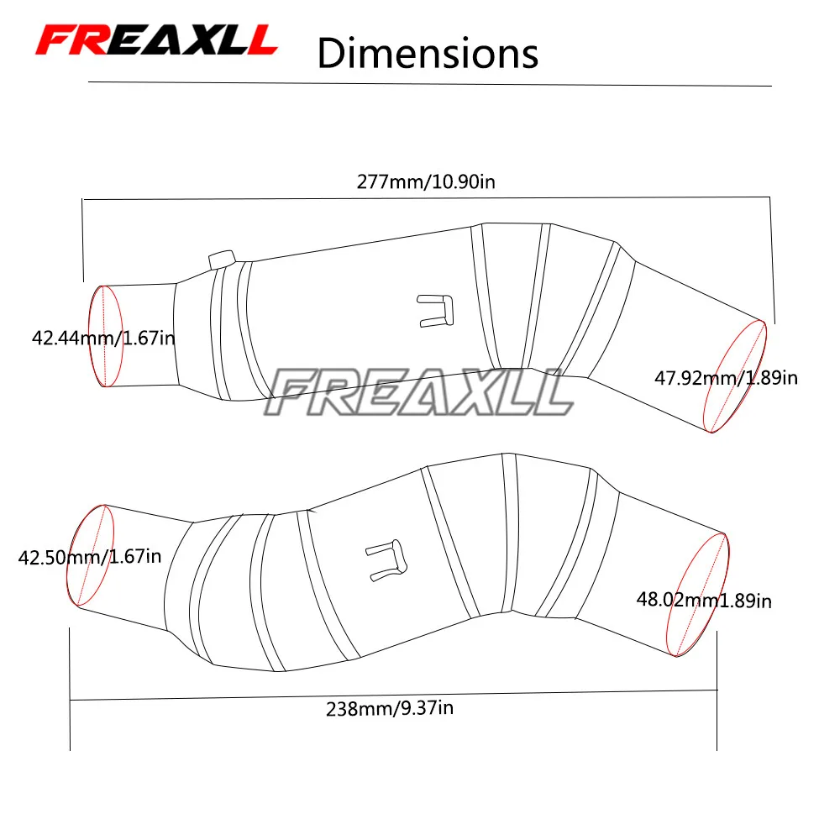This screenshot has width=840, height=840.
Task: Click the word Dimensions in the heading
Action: (427, 52)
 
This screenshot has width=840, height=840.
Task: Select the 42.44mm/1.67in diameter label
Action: (103, 339)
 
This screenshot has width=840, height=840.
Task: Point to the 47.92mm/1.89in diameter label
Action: (726, 378)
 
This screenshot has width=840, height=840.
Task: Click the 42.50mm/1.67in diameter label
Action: (90, 556)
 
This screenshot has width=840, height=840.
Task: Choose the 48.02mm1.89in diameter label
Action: (704, 600)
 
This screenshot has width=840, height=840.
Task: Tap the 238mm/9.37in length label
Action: (390, 708)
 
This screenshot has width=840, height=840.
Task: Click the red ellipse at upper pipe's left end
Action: (107, 336)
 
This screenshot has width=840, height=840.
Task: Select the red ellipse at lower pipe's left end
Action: (91, 555)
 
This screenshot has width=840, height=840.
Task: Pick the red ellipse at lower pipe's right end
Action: (699, 595)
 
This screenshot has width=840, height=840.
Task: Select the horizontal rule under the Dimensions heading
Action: (429, 84)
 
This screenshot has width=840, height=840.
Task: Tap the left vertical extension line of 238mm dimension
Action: (70, 689)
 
